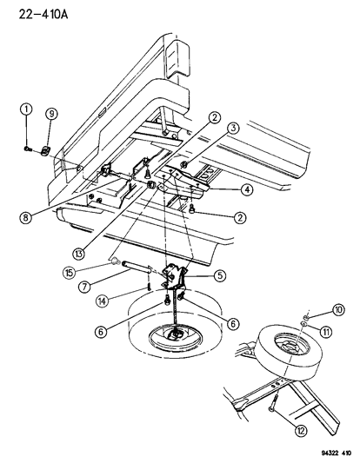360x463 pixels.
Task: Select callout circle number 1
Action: (x=27, y=109)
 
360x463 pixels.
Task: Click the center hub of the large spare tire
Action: (x=177, y=335)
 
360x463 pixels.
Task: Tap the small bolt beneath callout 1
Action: (x=29, y=148)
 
